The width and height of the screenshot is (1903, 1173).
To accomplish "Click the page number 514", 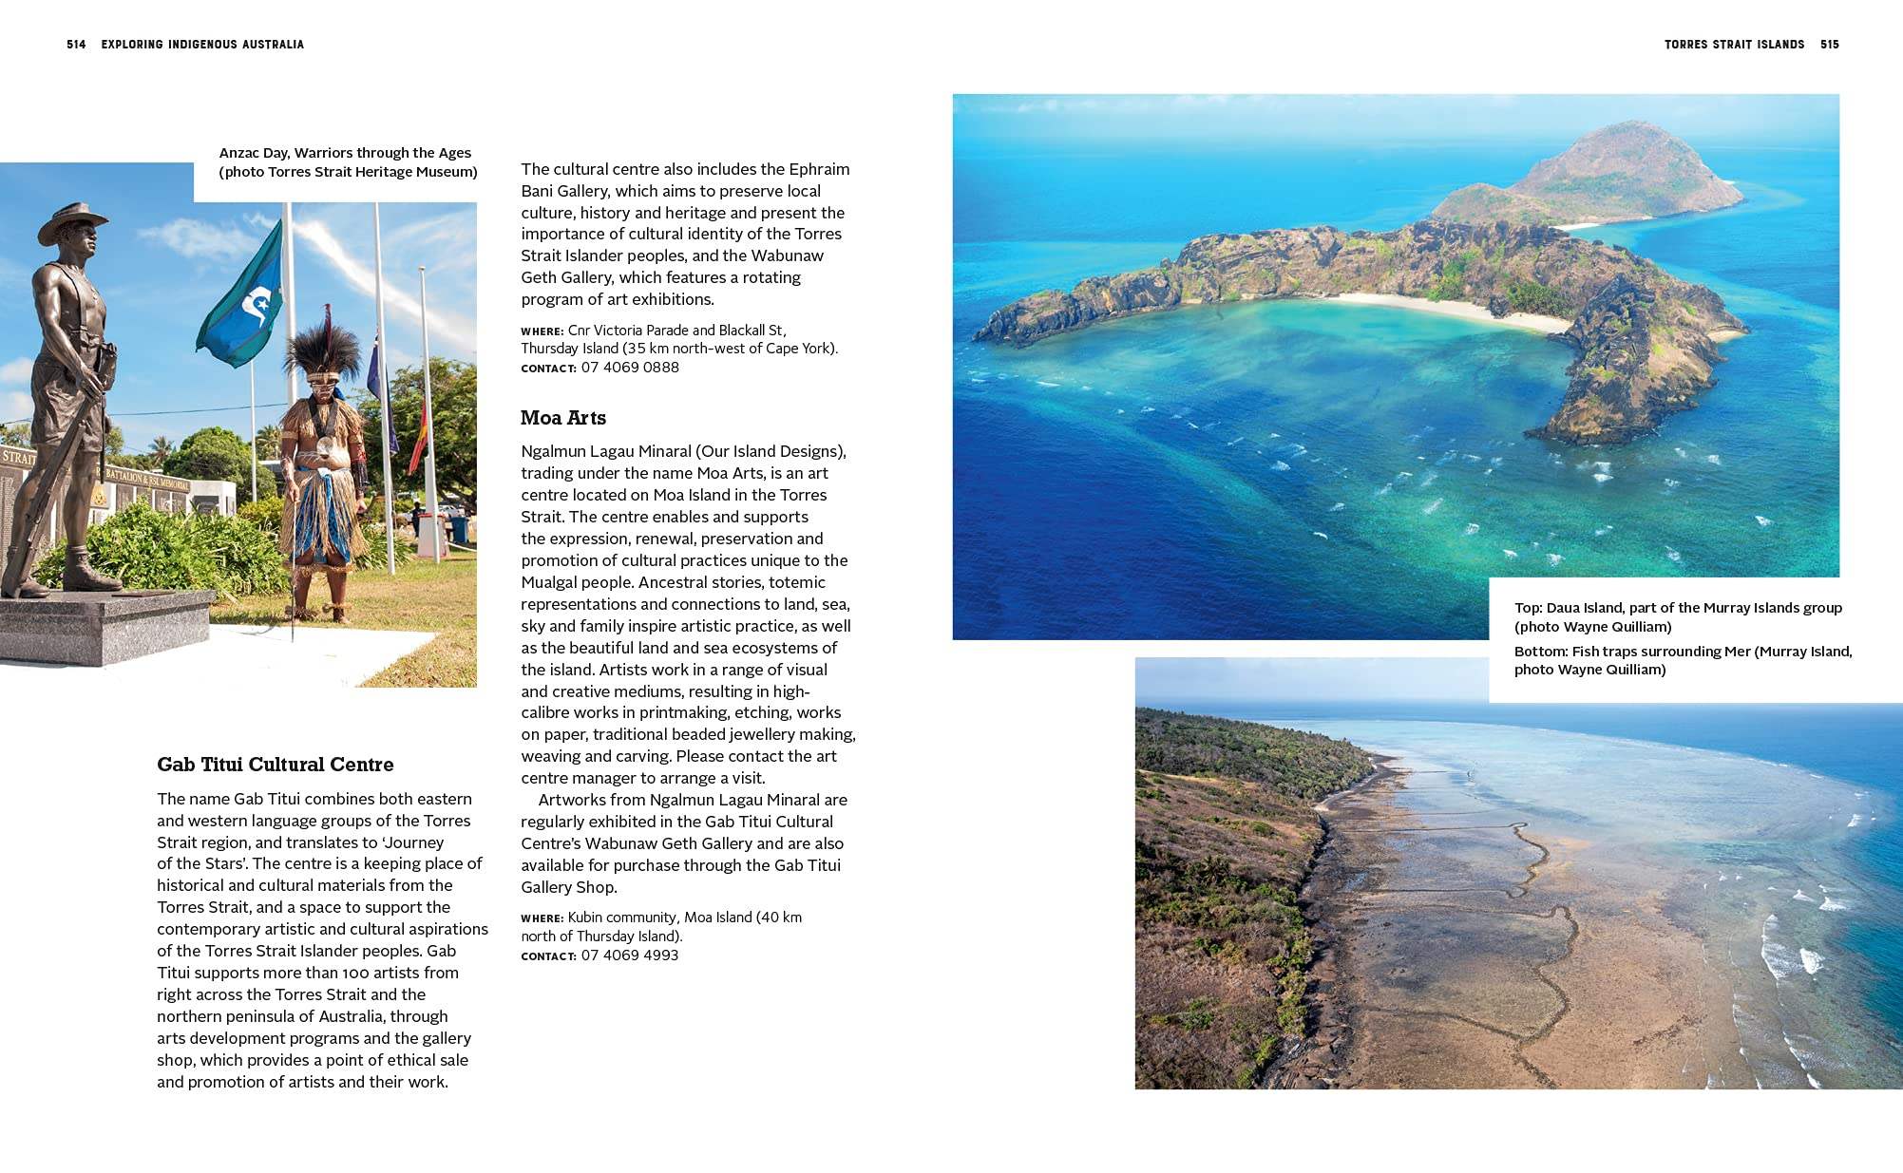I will pyautogui.click(x=76, y=45).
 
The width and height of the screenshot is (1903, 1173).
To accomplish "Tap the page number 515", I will pyautogui.click(x=1830, y=45).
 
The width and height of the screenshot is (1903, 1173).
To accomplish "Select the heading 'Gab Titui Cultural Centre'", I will pyautogui.click(x=275, y=765).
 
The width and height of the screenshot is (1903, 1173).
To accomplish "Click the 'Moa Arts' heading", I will pyautogui.click(x=562, y=418).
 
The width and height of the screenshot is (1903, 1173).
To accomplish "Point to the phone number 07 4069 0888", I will pyautogui.click(x=630, y=368).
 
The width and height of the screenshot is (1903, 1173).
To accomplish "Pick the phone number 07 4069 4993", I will pyautogui.click(x=630, y=955).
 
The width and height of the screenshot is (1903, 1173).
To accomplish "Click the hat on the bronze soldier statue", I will pyautogui.click(x=72, y=221).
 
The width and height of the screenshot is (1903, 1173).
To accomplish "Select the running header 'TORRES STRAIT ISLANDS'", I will pyautogui.click(x=1734, y=45).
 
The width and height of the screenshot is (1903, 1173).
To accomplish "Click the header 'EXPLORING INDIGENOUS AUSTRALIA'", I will pyautogui.click(x=202, y=45).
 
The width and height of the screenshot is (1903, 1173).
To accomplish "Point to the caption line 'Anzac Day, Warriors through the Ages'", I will pyautogui.click(x=345, y=153).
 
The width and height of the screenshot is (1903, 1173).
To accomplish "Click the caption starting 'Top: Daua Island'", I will pyautogui.click(x=1678, y=616).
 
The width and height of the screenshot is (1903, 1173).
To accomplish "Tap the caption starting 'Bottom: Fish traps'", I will pyautogui.click(x=1683, y=660).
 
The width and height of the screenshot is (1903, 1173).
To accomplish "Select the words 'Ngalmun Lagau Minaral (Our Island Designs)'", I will pyautogui.click(x=683, y=451).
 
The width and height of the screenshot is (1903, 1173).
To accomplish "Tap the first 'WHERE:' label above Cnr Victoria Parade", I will pyautogui.click(x=542, y=331).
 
